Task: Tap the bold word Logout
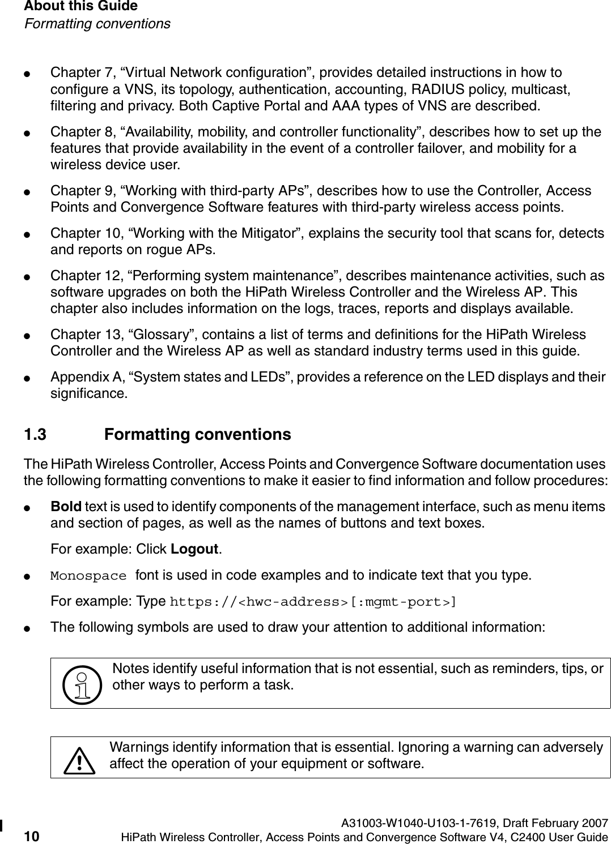point(195,550)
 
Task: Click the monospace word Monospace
point(88,576)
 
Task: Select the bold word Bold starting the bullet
point(66,506)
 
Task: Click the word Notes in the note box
point(128,669)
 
